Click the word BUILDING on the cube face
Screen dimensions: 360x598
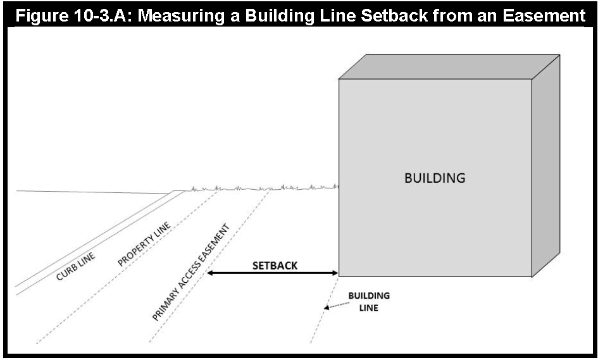(435, 178)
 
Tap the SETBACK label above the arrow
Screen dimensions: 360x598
(275, 266)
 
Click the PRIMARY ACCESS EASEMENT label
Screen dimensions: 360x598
(190, 273)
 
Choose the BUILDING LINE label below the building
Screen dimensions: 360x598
(369, 302)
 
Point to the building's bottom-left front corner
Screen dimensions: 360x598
(340, 276)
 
